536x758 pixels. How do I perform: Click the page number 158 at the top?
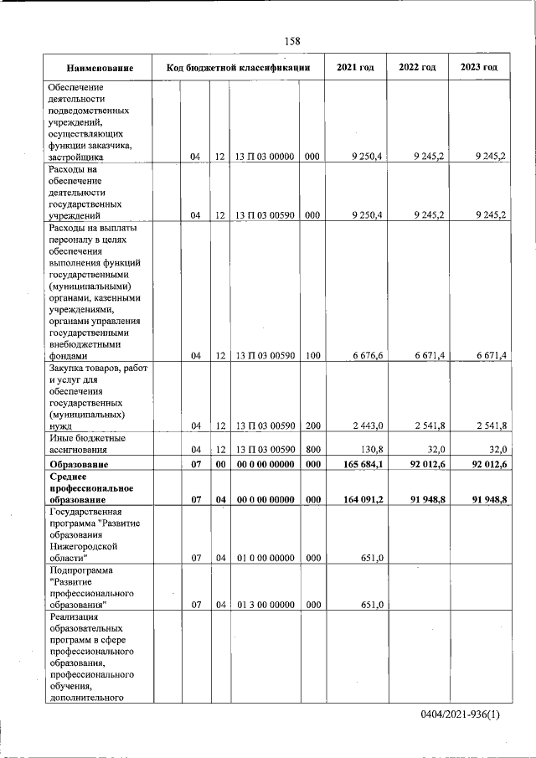[292, 41]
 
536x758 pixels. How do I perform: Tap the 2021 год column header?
[355, 67]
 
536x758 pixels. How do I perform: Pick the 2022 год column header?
[417, 67]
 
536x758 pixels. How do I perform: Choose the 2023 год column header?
[479, 67]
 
